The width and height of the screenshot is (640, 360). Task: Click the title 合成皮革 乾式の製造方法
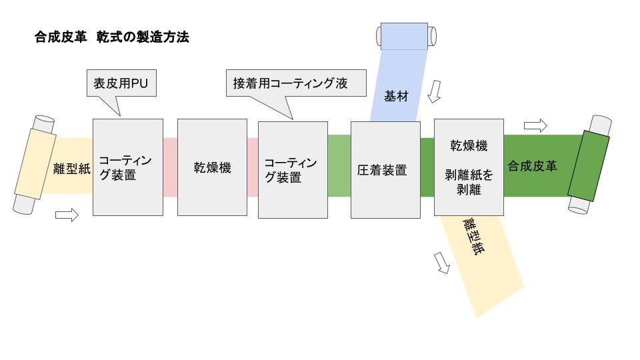pos(112,37)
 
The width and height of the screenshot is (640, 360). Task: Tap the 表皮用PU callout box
pos(121,83)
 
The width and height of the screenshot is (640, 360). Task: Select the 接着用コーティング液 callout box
pos(296,83)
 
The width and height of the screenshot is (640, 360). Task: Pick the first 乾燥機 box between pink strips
pos(212,167)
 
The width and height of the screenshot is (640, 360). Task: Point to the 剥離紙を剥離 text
pos(469,183)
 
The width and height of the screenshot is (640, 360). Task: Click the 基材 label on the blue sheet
pos(396,96)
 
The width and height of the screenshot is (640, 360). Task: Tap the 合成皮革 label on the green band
pos(532,166)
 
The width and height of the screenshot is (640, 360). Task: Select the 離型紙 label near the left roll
pos(72,169)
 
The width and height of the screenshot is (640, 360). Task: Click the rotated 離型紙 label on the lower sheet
pos(473,236)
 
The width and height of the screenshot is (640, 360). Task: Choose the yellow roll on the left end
pos(34,165)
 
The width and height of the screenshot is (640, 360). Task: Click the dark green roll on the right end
pos(590,165)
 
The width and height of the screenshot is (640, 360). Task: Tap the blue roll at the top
pos(406,36)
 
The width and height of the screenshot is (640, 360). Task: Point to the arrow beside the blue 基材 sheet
pos(434,91)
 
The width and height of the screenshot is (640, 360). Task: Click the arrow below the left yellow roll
pos(67,215)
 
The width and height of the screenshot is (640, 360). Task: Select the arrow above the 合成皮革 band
pos(535,125)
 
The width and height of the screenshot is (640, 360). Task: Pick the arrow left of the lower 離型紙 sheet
pos(441,263)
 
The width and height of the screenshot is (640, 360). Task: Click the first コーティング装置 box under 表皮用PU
pos(128,167)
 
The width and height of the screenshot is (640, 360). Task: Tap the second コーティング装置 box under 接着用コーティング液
pos(293,170)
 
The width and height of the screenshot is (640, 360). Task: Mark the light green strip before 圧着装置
pos(339,166)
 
